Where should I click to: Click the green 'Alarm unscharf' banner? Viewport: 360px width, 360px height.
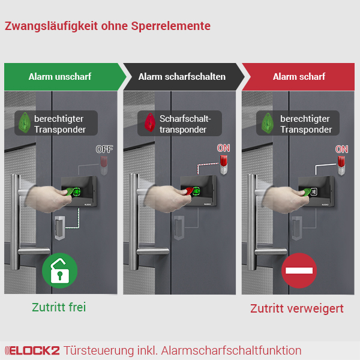(60, 77)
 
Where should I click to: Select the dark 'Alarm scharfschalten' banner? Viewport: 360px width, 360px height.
(182, 77)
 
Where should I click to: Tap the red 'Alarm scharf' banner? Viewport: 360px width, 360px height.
(299, 77)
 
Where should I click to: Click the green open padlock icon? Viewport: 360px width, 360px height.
(59, 271)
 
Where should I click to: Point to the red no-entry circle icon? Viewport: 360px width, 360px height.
(299, 271)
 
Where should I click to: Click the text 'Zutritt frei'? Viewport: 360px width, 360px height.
(59, 307)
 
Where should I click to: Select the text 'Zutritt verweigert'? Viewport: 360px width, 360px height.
(297, 308)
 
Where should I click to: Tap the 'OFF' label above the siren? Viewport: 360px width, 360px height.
(104, 149)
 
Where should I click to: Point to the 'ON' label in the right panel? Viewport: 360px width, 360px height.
(341, 149)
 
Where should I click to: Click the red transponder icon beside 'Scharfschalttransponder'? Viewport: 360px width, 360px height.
(147, 123)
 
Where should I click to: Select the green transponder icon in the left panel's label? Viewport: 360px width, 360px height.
(25, 123)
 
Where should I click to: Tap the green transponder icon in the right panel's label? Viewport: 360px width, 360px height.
(265, 123)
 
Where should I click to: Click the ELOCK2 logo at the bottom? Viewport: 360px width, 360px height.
(31, 350)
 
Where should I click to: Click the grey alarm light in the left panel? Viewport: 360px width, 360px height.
(104, 164)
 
